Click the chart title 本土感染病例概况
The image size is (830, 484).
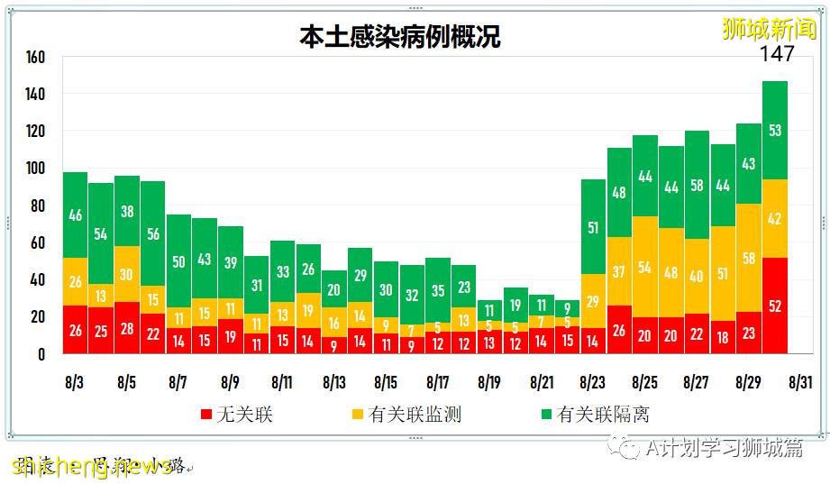point(399,37)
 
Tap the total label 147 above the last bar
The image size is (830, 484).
point(776,54)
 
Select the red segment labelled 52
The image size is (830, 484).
point(775,306)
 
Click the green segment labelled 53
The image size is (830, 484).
point(775,131)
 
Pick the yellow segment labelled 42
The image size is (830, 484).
point(775,218)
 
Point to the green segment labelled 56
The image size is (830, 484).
point(153,233)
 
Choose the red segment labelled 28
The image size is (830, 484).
point(127,328)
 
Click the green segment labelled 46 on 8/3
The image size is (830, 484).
point(76,215)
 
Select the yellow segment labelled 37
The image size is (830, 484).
point(619,271)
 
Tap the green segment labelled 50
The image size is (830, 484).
point(179,261)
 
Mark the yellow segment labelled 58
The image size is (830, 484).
point(749,258)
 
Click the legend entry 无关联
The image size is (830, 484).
point(237,415)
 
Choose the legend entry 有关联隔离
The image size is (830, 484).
point(594,415)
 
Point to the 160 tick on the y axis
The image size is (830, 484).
point(35,58)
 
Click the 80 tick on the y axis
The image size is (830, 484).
point(35,206)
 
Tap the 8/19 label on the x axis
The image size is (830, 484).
point(489,382)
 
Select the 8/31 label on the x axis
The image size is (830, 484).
point(799,382)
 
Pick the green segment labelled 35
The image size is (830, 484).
point(438,290)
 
